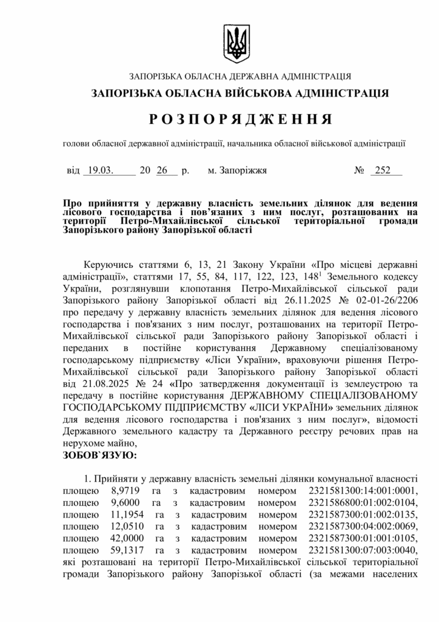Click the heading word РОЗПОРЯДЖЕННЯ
coord(240,118)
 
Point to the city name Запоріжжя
coord(237,171)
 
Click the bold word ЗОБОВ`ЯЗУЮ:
coord(100,454)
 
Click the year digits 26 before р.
coord(162,171)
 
